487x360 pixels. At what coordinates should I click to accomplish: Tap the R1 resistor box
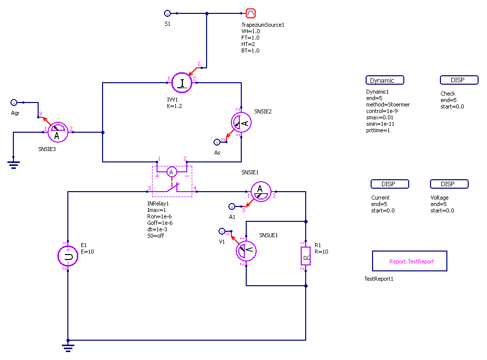pyautogui.click(x=306, y=256)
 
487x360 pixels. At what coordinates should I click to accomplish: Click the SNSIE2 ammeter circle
pyautogui.click(x=241, y=122)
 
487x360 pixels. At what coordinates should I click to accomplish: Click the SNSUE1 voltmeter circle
pyautogui.click(x=246, y=251)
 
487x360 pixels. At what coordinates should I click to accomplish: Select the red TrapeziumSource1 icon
pyautogui.click(x=251, y=13)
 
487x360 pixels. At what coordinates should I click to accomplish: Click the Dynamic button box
pyautogui.click(x=385, y=80)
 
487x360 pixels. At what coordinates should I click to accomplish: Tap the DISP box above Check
pyautogui.click(x=459, y=80)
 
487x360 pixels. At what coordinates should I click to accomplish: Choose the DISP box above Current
pyautogui.click(x=390, y=184)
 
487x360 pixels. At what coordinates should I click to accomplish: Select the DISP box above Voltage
pyautogui.click(x=449, y=184)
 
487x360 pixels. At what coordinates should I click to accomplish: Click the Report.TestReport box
pyautogui.click(x=410, y=261)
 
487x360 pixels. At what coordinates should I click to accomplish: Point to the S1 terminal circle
pyautogui.click(x=167, y=13)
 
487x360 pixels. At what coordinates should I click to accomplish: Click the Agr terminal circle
pyautogui.click(x=14, y=103)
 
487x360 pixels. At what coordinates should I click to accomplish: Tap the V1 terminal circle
pyautogui.click(x=222, y=231)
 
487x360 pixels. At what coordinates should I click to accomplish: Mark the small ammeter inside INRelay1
pyautogui.click(x=171, y=172)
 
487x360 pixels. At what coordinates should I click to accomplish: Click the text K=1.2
pyautogui.click(x=175, y=106)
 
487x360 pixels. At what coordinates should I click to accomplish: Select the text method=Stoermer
pyautogui.click(x=387, y=104)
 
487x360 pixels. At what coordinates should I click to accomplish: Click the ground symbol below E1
pyautogui.click(x=68, y=347)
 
